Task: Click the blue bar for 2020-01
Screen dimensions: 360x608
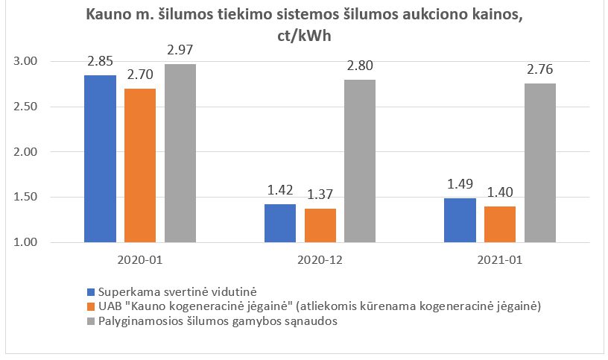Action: pos(101,159)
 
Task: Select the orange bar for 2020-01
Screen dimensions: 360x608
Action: pos(140,165)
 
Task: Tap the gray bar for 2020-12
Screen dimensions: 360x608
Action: pos(360,161)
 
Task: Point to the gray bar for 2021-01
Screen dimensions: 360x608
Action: pos(540,162)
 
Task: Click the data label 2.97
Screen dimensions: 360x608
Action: pos(180,50)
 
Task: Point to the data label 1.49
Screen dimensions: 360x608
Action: pos(460,184)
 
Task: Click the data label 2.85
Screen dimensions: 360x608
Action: pos(101,61)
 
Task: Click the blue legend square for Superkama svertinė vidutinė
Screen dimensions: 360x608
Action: pos(91,291)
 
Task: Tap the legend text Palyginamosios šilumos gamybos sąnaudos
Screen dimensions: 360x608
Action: pos(210,320)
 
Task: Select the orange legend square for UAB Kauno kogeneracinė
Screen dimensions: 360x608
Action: pos(91,306)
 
